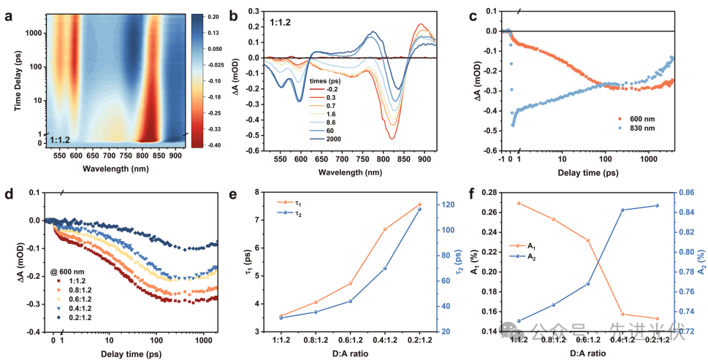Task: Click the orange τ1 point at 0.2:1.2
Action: tap(419, 204)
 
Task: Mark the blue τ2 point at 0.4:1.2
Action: tap(385, 268)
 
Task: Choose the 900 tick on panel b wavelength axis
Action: tap(421, 161)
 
